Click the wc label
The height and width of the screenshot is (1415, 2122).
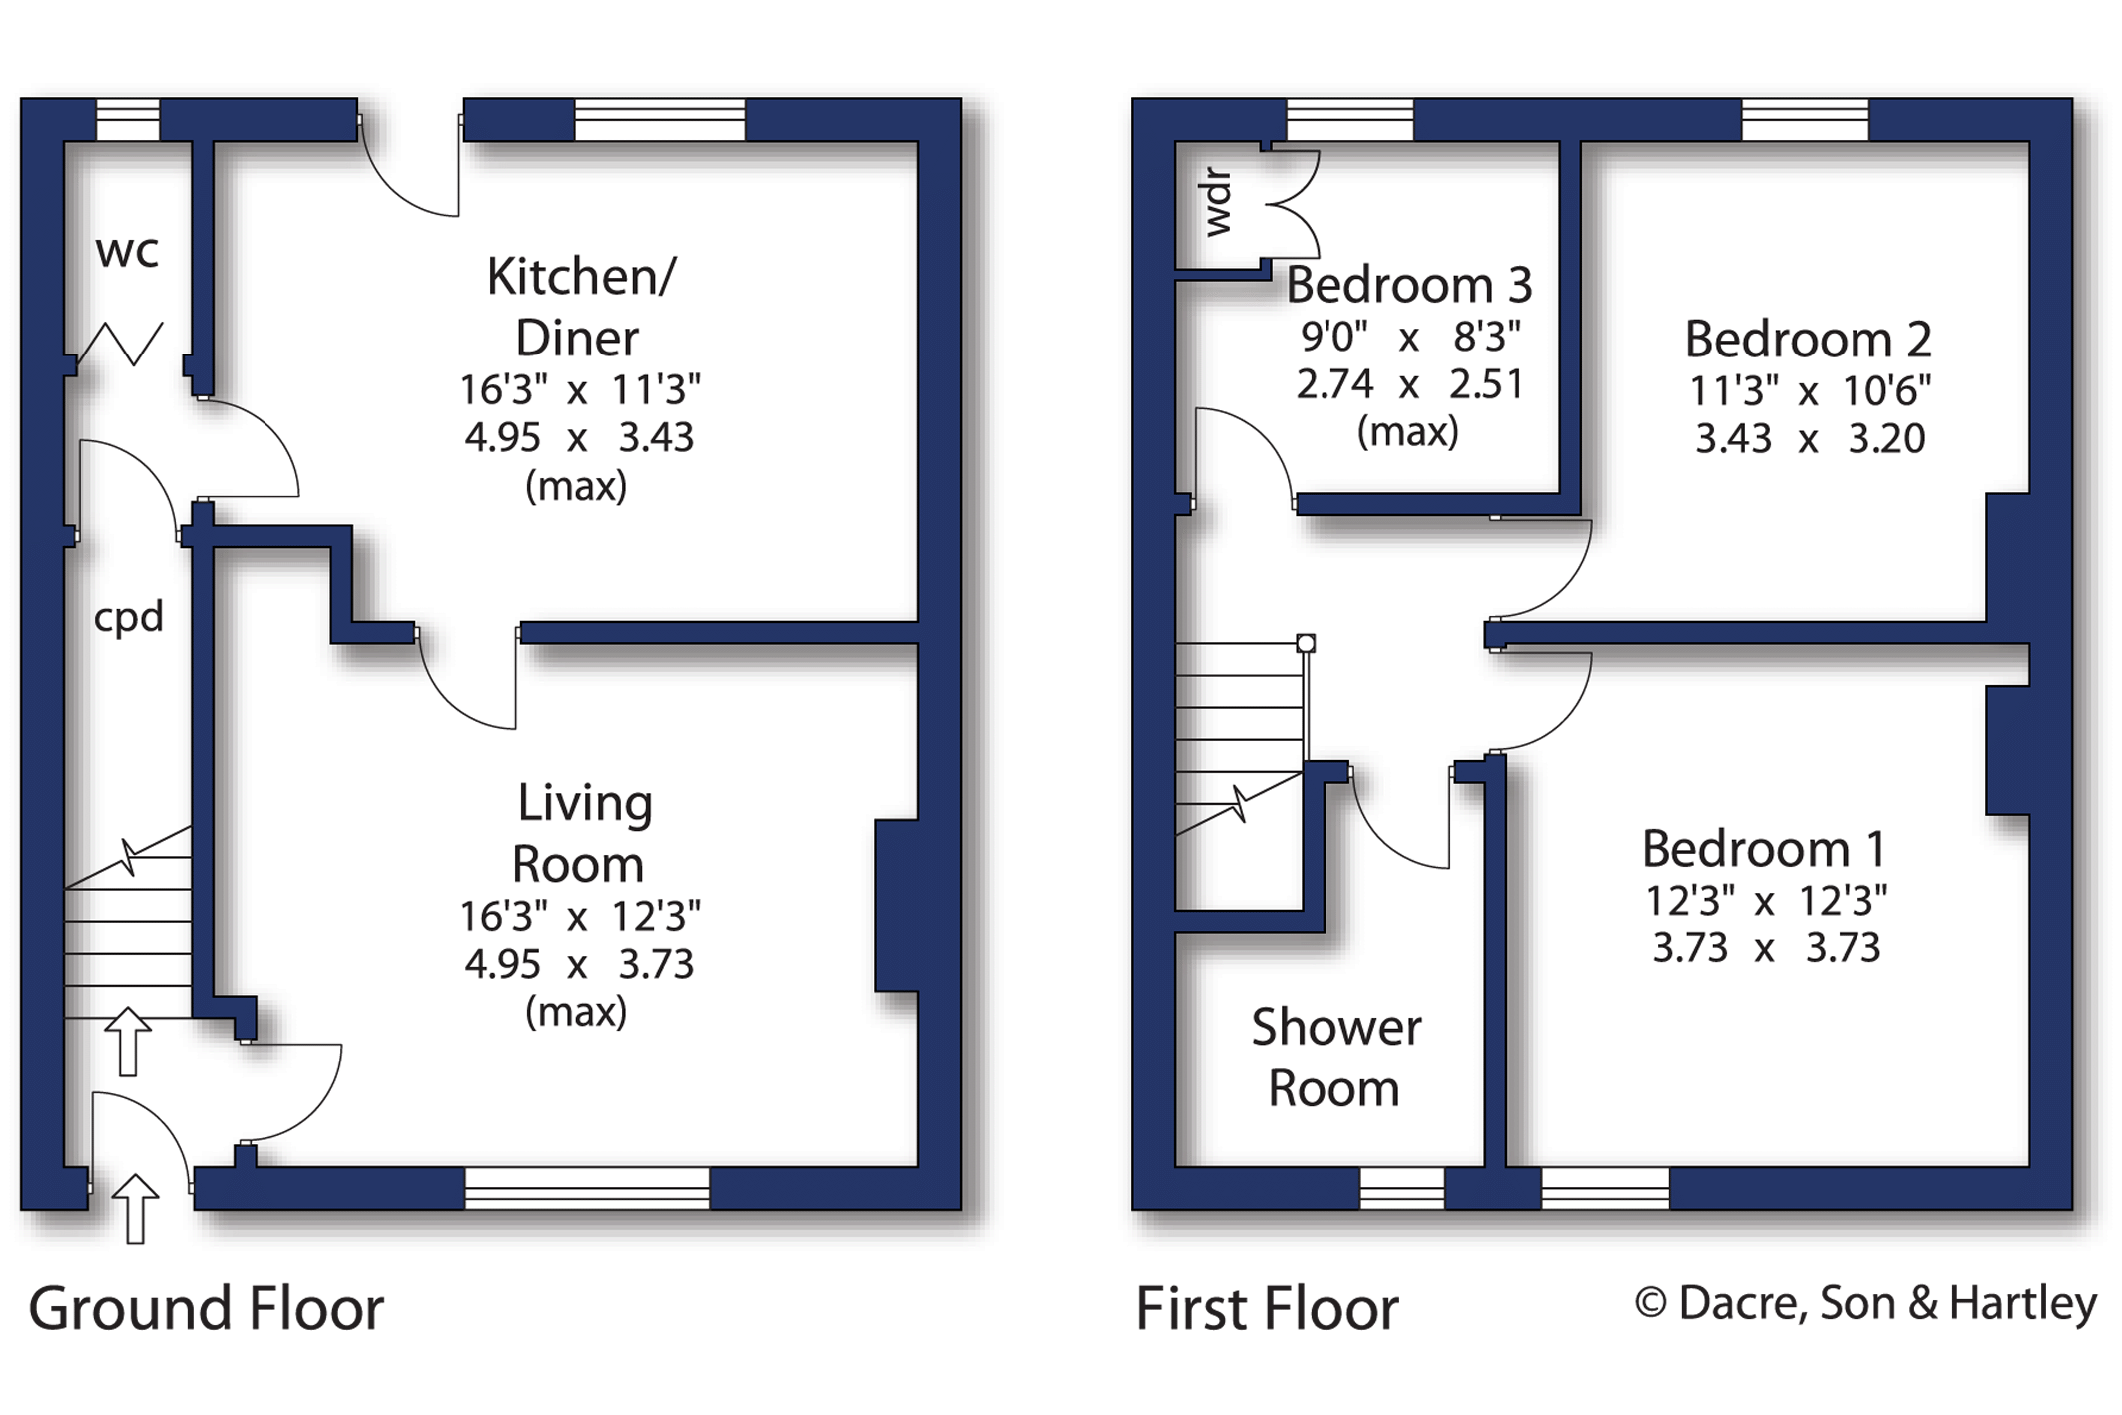click(127, 252)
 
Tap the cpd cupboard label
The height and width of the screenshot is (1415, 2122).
click(128, 618)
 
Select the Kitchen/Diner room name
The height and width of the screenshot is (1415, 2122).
click(579, 307)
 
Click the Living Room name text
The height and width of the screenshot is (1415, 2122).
click(582, 833)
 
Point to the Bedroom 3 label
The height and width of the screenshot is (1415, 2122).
click(1408, 285)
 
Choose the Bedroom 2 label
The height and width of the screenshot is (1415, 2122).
click(1808, 340)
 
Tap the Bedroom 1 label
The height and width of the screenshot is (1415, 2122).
click(1764, 849)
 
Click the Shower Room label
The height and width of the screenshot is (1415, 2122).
click(1335, 1057)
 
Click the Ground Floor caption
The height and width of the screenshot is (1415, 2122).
click(206, 1308)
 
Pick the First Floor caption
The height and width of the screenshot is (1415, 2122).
click(1267, 1308)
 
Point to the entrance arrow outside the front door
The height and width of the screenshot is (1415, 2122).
click(135, 1208)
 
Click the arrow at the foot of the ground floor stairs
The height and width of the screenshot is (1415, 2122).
click(127, 1042)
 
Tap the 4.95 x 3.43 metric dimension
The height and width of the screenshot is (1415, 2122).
click(579, 437)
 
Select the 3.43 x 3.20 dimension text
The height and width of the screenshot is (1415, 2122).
click(1810, 438)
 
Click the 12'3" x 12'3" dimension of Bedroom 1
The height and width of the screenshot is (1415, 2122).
click(1766, 901)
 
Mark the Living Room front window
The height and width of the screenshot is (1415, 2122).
click(587, 1188)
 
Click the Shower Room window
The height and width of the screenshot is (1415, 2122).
click(1402, 1188)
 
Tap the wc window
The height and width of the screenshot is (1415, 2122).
click(128, 120)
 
